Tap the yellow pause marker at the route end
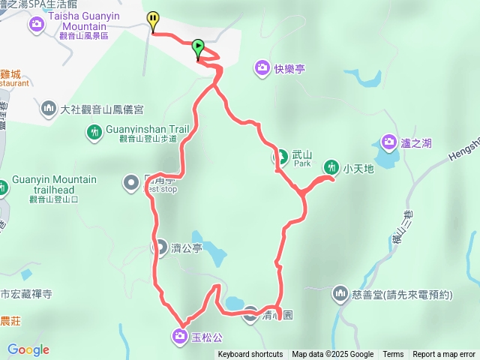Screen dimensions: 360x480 pos(153,20)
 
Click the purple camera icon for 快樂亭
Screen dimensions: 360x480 pos(261,67)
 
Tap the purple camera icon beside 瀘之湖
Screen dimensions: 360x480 pos(388,141)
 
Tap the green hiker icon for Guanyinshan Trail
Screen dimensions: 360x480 pos(94,133)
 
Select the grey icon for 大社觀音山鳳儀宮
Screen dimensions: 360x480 pos(49,109)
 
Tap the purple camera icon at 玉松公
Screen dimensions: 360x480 pos(181,335)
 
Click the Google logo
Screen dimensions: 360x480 pos(28,349)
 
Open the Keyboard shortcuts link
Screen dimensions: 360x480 pos(250,355)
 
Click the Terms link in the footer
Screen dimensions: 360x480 pos(393,355)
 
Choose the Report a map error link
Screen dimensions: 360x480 pos(444,355)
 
